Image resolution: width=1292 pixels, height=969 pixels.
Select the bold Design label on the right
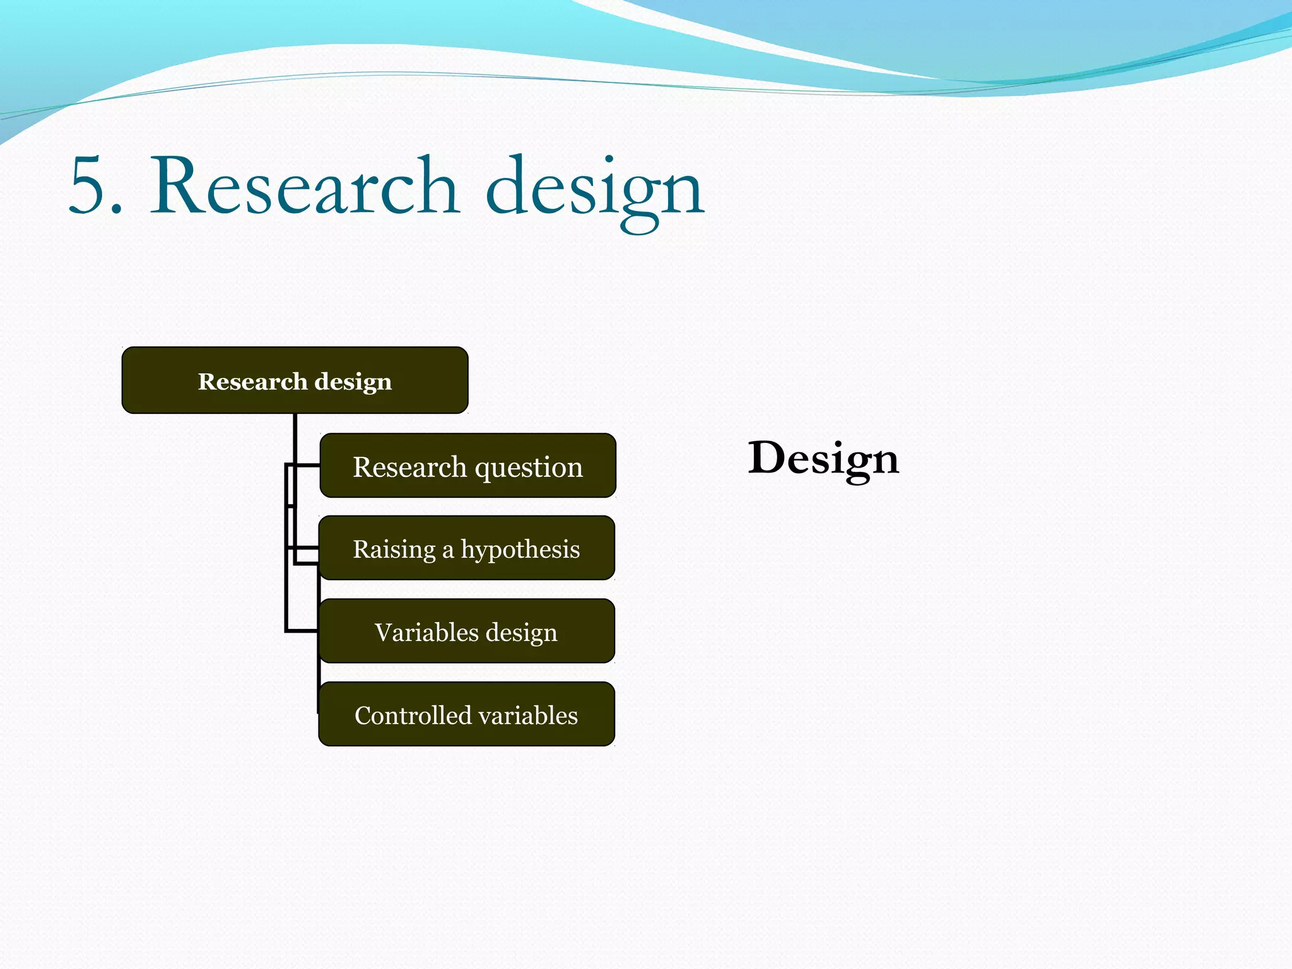point(823,459)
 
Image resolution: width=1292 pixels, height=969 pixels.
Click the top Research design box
point(295,380)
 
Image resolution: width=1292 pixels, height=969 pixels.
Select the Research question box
point(467,466)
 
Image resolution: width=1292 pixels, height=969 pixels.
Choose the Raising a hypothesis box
point(466,548)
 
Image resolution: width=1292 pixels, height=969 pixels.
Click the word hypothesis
point(520,550)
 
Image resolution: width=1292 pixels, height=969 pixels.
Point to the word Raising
point(394,550)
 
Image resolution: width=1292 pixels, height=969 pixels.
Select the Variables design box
point(466,631)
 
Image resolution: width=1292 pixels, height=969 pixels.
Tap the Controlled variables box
point(466,715)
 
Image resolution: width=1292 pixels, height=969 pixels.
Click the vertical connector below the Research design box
point(295,435)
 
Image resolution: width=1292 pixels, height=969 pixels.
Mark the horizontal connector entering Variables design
point(302,630)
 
